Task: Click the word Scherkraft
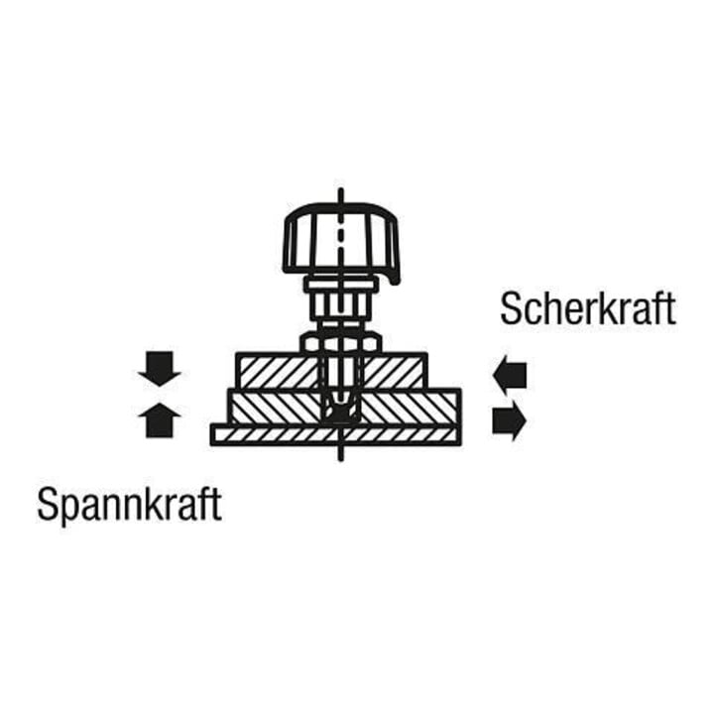(587, 308)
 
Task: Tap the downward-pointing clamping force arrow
(160, 369)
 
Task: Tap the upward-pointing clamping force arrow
(160, 419)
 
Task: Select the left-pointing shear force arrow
(510, 376)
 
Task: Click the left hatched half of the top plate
(279, 371)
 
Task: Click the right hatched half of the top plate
(395, 371)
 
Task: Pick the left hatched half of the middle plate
(276, 407)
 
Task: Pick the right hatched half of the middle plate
(411, 407)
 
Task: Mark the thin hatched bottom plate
(335, 435)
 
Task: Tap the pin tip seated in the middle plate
(340, 408)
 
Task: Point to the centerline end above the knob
(340, 189)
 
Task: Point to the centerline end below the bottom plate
(340, 459)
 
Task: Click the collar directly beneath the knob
(341, 286)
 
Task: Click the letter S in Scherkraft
(511, 308)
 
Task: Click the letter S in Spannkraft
(48, 504)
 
